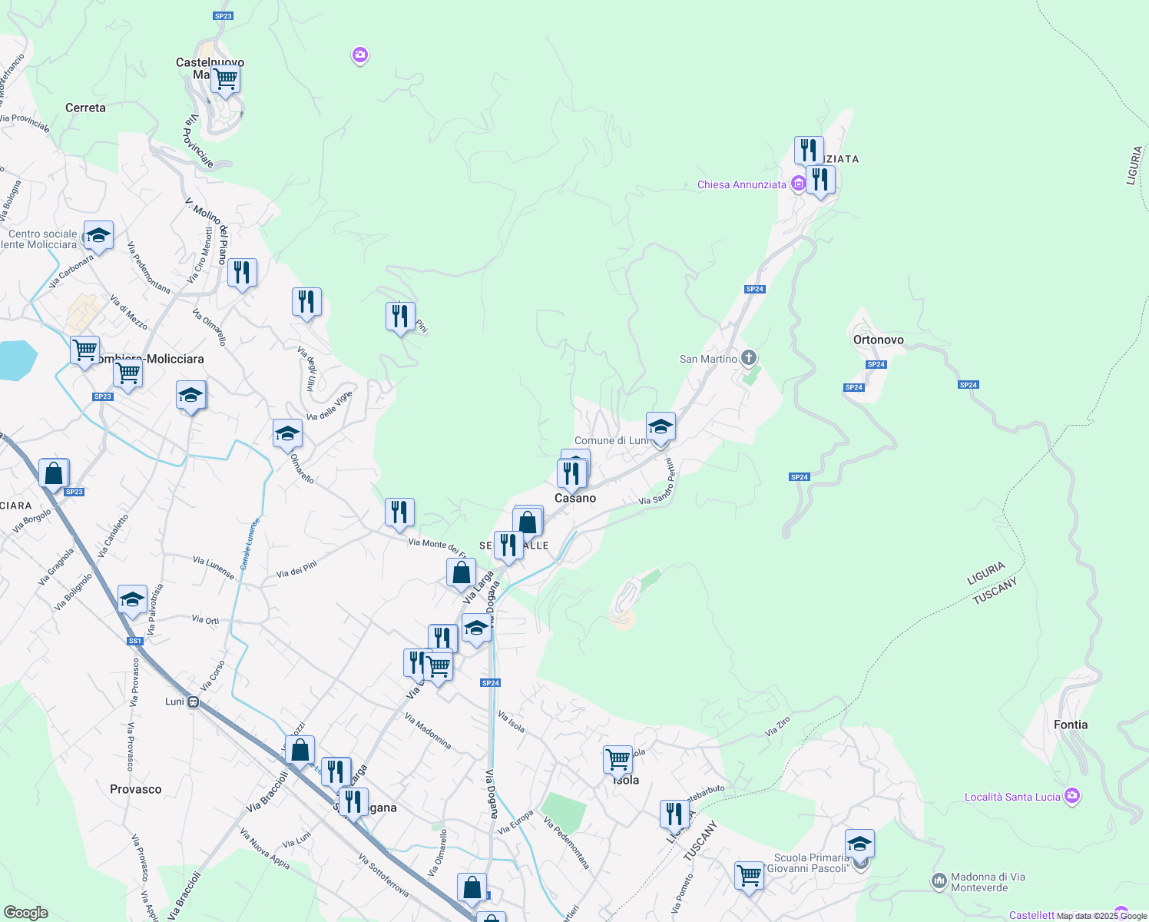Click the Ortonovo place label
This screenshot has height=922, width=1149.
(x=878, y=340)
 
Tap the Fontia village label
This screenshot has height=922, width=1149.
(x=1071, y=725)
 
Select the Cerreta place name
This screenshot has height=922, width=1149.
(x=85, y=108)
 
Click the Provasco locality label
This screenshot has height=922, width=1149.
(x=136, y=789)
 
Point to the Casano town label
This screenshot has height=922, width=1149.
(x=575, y=498)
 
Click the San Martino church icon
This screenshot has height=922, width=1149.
(x=749, y=358)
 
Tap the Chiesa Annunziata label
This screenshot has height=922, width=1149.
(x=741, y=184)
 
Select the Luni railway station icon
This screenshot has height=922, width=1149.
(x=194, y=701)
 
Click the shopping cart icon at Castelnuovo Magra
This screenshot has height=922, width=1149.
(x=226, y=78)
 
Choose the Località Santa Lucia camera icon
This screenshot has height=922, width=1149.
(x=1072, y=796)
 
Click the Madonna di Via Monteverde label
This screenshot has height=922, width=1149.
(x=988, y=882)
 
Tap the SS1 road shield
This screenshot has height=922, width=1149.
(x=135, y=641)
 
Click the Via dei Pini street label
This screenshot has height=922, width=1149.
(x=296, y=570)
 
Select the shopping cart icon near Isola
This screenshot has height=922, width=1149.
(x=618, y=759)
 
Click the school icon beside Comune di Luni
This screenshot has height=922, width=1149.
(x=661, y=426)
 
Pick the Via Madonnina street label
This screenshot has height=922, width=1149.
(x=428, y=731)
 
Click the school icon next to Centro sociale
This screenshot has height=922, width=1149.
(x=98, y=236)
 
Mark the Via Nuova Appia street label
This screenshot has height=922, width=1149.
(x=265, y=848)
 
